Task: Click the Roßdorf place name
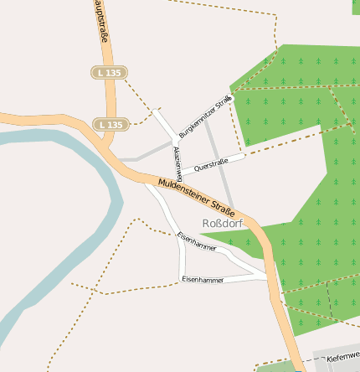[221, 223]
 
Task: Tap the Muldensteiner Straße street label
[196, 194]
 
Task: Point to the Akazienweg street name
[177, 160]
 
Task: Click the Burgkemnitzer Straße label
[206, 117]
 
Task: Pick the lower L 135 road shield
[110, 125]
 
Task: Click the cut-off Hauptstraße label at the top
[100, 21]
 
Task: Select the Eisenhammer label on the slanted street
[197, 242]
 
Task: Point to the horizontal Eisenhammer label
[203, 279]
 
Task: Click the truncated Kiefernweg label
[342, 357]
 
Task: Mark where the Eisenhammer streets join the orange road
[269, 277]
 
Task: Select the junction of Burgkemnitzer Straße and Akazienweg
[177, 137]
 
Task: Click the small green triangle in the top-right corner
[356, 6]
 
